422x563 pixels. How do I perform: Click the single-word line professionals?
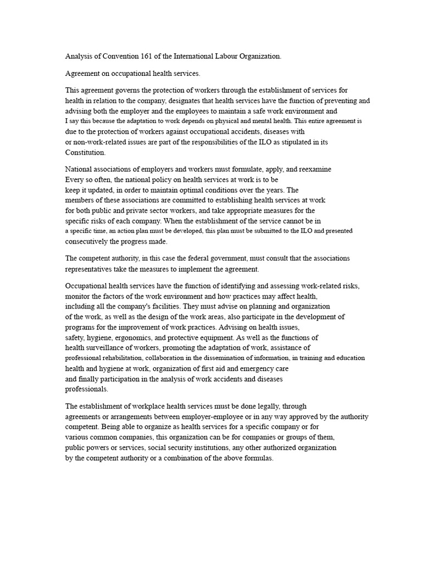[x=87, y=389]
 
